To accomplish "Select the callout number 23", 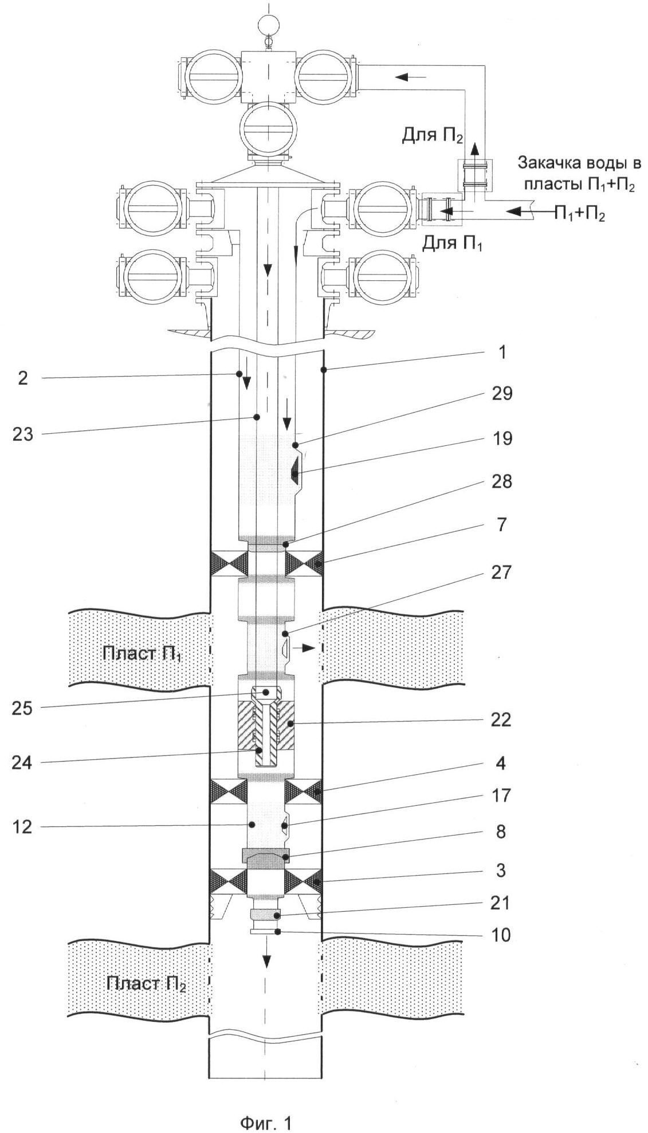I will (23, 434).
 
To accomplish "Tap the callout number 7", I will (501, 524).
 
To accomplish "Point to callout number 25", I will (23, 708).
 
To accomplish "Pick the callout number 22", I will (501, 719).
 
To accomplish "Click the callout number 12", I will (23, 826).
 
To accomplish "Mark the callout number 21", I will (501, 903).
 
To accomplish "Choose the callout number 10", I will (501, 935).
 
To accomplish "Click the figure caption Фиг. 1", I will (266, 1107).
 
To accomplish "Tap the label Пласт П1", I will (142, 653).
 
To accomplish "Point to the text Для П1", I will (453, 244).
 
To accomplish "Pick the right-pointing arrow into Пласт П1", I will (304, 648).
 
